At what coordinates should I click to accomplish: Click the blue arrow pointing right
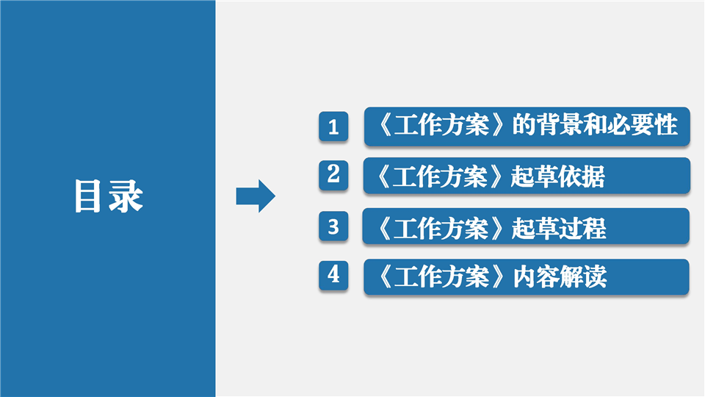pyautogui.click(x=256, y=196)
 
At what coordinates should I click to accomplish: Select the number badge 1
pyautogui.click(x=333, y=126)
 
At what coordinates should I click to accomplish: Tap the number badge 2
pyautogui.click(x=333, y=175)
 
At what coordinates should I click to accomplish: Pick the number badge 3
pyautogui.click(x=333, y=226)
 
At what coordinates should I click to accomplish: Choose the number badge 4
pyautogui.click(x=333, y=274)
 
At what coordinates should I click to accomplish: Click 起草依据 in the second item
pyautogui.click(x=558, y=176)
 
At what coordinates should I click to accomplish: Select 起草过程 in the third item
pyautogui.click(x=559, y=228)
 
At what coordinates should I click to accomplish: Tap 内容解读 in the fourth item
pyautogui.click(x=560, y=276)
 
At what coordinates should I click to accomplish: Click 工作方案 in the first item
pyautogui.click(x=441, y=125)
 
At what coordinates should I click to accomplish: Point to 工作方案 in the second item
pyautogui.click(x=440, y=176)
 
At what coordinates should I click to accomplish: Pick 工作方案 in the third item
pyautogui.click(x=441, y=228)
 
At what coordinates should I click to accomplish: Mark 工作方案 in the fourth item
pyautogui.click(x=441, y=276)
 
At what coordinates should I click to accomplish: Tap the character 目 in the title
pyautogui.click(x=87, y=196)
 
